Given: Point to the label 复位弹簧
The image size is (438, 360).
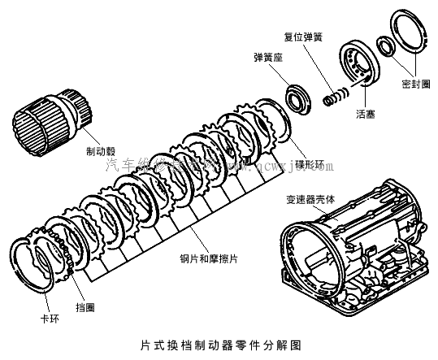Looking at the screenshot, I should click(305, 37).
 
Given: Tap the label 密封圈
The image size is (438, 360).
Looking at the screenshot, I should click(417, 84).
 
